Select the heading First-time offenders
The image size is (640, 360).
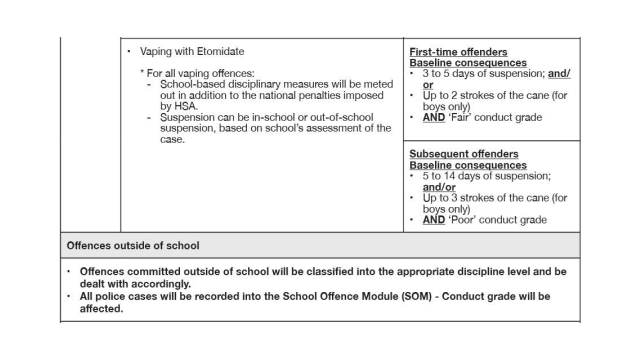tap(458, 52)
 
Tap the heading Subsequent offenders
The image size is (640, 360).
tap(463, 154)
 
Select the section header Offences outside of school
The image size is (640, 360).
tap(132, 245)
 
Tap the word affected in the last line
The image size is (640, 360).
tap(101, 308)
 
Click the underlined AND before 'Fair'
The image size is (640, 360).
tap(433, 117)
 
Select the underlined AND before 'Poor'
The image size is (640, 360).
tap(433, 220)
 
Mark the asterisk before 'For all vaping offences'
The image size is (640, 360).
tap(142, 73)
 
